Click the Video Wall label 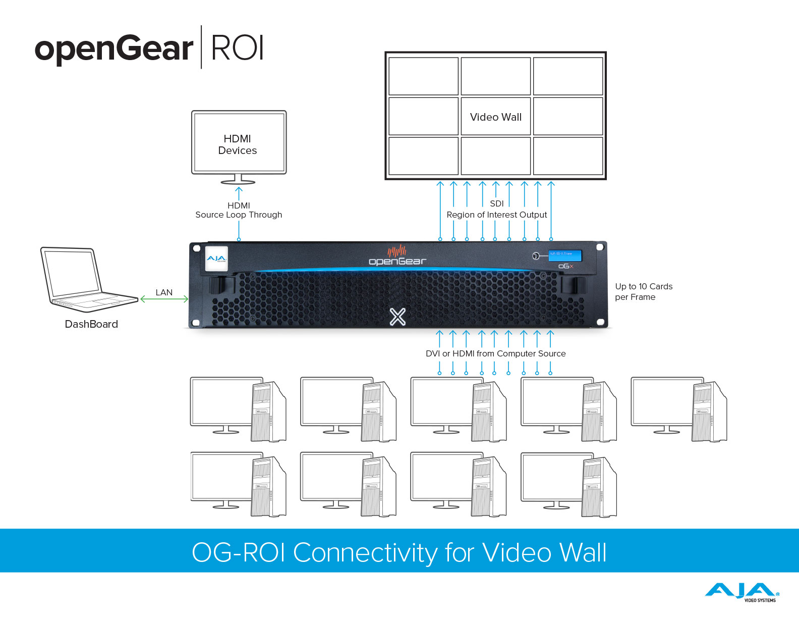point(495,117)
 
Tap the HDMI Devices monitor point(239,144)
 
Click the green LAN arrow point(164,299)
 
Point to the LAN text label point(164,292)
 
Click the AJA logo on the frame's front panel point(216,259)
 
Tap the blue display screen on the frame point(564,255)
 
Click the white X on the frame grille point(397,317)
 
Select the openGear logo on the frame point(397,256)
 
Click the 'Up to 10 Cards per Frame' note point(643,292)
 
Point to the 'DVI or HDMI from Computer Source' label point(495,353)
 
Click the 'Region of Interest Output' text point(496,215)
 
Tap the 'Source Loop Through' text point(239,215)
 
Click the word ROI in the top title point(237,48)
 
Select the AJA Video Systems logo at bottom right point(742,592)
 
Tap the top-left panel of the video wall point(423,76)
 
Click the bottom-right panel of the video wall point(568,156)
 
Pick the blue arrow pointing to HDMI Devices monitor point(239,193)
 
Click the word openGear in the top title point(114,49)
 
